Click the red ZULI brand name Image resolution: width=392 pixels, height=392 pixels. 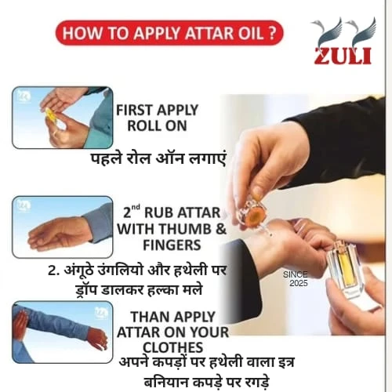point(343,56)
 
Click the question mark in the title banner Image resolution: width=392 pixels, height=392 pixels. point(271,33)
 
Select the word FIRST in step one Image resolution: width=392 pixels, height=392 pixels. point(134,110)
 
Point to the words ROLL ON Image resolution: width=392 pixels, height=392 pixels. point(157,126)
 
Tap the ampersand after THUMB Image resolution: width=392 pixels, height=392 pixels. point(221,229)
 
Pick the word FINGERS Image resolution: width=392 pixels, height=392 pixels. point(172,245)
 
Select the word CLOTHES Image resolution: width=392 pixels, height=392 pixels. point(172,347)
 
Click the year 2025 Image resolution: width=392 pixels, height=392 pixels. point(299,283)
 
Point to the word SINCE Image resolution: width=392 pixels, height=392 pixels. point(296,274)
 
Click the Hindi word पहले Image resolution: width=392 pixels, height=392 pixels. point(107,158)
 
